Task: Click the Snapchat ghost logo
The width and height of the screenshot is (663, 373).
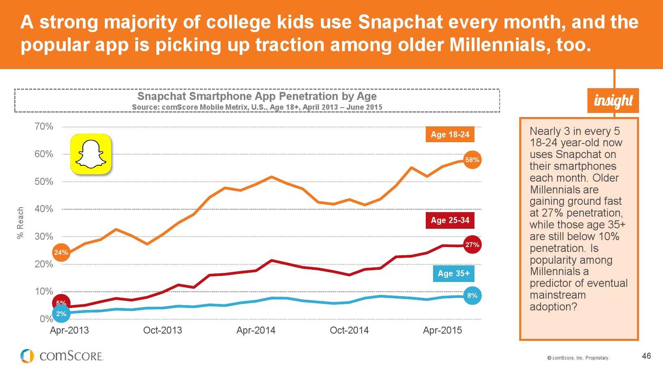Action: (91, 154)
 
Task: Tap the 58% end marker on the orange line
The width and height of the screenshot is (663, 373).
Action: (472, 160)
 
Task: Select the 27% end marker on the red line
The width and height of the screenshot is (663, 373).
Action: (472, 245)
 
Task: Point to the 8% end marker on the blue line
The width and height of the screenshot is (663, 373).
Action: (472, 295)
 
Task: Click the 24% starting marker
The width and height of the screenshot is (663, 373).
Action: (61, 252)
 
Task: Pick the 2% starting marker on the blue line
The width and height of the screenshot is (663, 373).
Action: (61, 314)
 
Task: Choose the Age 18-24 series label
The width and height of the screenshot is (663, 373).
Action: (450, 134)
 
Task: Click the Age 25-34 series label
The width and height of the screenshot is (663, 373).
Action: (450, 220)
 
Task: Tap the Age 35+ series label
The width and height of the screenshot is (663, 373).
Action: (453, 273)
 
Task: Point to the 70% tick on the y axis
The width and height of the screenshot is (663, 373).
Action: (44, 126)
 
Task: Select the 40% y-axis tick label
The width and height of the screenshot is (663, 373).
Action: (44, 209)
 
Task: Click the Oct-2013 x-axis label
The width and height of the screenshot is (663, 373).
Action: (162, 330)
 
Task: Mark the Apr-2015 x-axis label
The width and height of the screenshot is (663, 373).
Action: (442, 330)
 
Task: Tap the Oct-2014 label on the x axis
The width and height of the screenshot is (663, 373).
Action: (349, 330)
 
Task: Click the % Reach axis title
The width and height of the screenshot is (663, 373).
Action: (20, 223)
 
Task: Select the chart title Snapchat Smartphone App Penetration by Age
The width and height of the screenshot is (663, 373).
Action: (257, 96)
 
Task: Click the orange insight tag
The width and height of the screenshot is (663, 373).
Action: (613, 100)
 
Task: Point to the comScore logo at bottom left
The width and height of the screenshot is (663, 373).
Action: (62, 356)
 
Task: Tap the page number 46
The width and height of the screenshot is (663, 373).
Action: (646, 356)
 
